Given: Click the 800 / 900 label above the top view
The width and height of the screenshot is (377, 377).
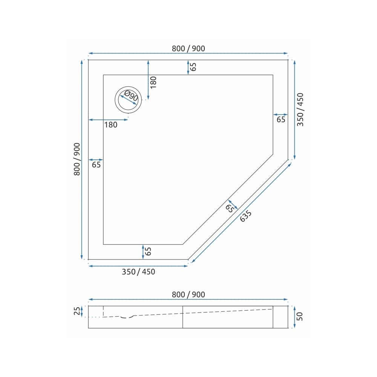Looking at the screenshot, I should tap(188, 48).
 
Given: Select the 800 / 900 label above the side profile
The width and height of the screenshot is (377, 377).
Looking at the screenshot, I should tap(188, 295).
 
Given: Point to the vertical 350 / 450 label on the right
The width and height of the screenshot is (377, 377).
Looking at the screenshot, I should tap(300, 109).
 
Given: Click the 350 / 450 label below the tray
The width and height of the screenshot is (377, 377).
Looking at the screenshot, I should tap(138, 272).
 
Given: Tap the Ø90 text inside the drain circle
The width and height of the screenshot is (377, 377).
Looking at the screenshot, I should tap(131, 97).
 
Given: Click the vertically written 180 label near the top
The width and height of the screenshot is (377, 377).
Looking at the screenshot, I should tap(153, 82).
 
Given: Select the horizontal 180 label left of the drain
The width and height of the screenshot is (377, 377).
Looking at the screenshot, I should tap(110, 125).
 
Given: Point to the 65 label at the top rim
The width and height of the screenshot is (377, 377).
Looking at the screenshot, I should tap(193, 67).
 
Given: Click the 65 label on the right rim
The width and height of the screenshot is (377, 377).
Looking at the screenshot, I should tap(281, 120).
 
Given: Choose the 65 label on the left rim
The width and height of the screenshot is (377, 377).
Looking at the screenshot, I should tap(96, 165).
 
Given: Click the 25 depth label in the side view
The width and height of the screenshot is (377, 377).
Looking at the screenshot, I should tap(77, 311).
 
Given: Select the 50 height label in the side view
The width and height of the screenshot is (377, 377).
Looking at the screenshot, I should tap(300, 316).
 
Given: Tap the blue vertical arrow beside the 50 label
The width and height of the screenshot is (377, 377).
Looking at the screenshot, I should tap(294, 317).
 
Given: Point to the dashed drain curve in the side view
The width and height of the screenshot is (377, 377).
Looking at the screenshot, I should tap(127, 317).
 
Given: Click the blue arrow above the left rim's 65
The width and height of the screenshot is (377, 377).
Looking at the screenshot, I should tap(95, 160).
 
